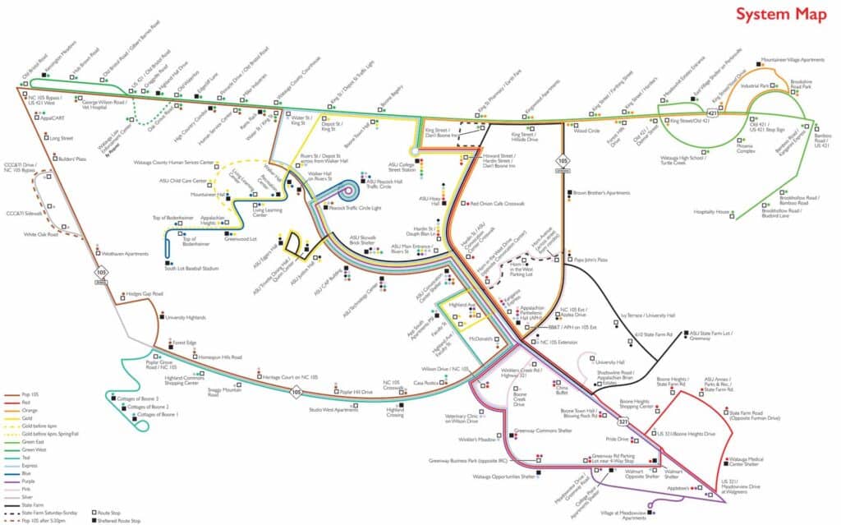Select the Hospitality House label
711,212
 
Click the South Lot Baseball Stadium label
191,268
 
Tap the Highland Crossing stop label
396,413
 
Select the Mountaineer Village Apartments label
793,60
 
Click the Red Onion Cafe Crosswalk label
497,203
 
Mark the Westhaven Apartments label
124,254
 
